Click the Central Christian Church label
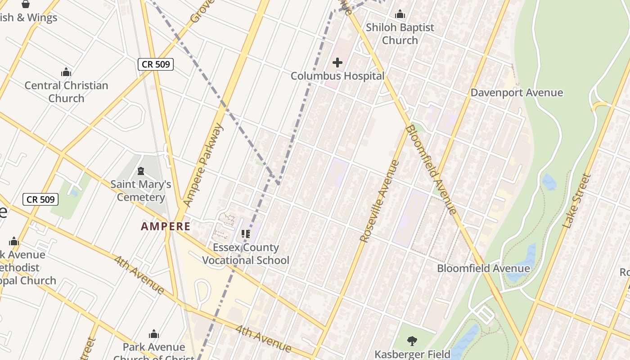pyautogui.click(x=66, y=92)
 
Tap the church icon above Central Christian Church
pyautogui.click(x=66, y=72)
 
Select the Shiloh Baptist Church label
pyautogui.click(x=400, y=34)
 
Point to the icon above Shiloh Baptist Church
pyautogui.click(x=400, y=14)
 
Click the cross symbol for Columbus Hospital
pyautogui.click(x=337, y=63)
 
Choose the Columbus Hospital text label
pyautogui.click(x=337, y=76)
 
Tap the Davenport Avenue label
pyautogui.click(x=517, y=93)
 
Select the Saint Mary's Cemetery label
pyautogui.click(x=141, y=191)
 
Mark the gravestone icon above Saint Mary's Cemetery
pyautogui.click(x=141, y=171)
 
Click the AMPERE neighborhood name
pyautogui.click(x=166, y=226)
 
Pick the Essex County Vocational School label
pyautogui.click(x=246, y=254)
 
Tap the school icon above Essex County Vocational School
pyautogui.click(x=246, y=234)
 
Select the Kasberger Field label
pyautogui.click(x=413, y=355)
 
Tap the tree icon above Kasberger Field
pyautogui.click(x=412, y=341)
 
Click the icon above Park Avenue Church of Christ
pyautogui.click(x=154, y=334)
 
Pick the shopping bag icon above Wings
pyautogui.click(x=26, y=4)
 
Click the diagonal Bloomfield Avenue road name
pyautogui.click(x=431, y=170)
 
